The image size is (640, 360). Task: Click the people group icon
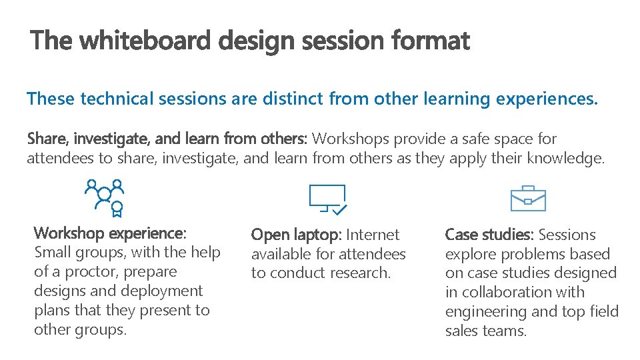pos(105,197)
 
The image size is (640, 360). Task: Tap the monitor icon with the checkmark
pos(327,199)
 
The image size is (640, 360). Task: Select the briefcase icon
pos(528,198)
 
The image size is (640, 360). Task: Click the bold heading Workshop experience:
pos(110,233)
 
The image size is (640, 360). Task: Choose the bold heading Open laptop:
pos(296,235)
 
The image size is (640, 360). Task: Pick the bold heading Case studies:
pos(489,235)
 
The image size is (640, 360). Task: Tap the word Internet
pos(373,235)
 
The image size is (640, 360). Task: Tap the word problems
pos(523,254)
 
